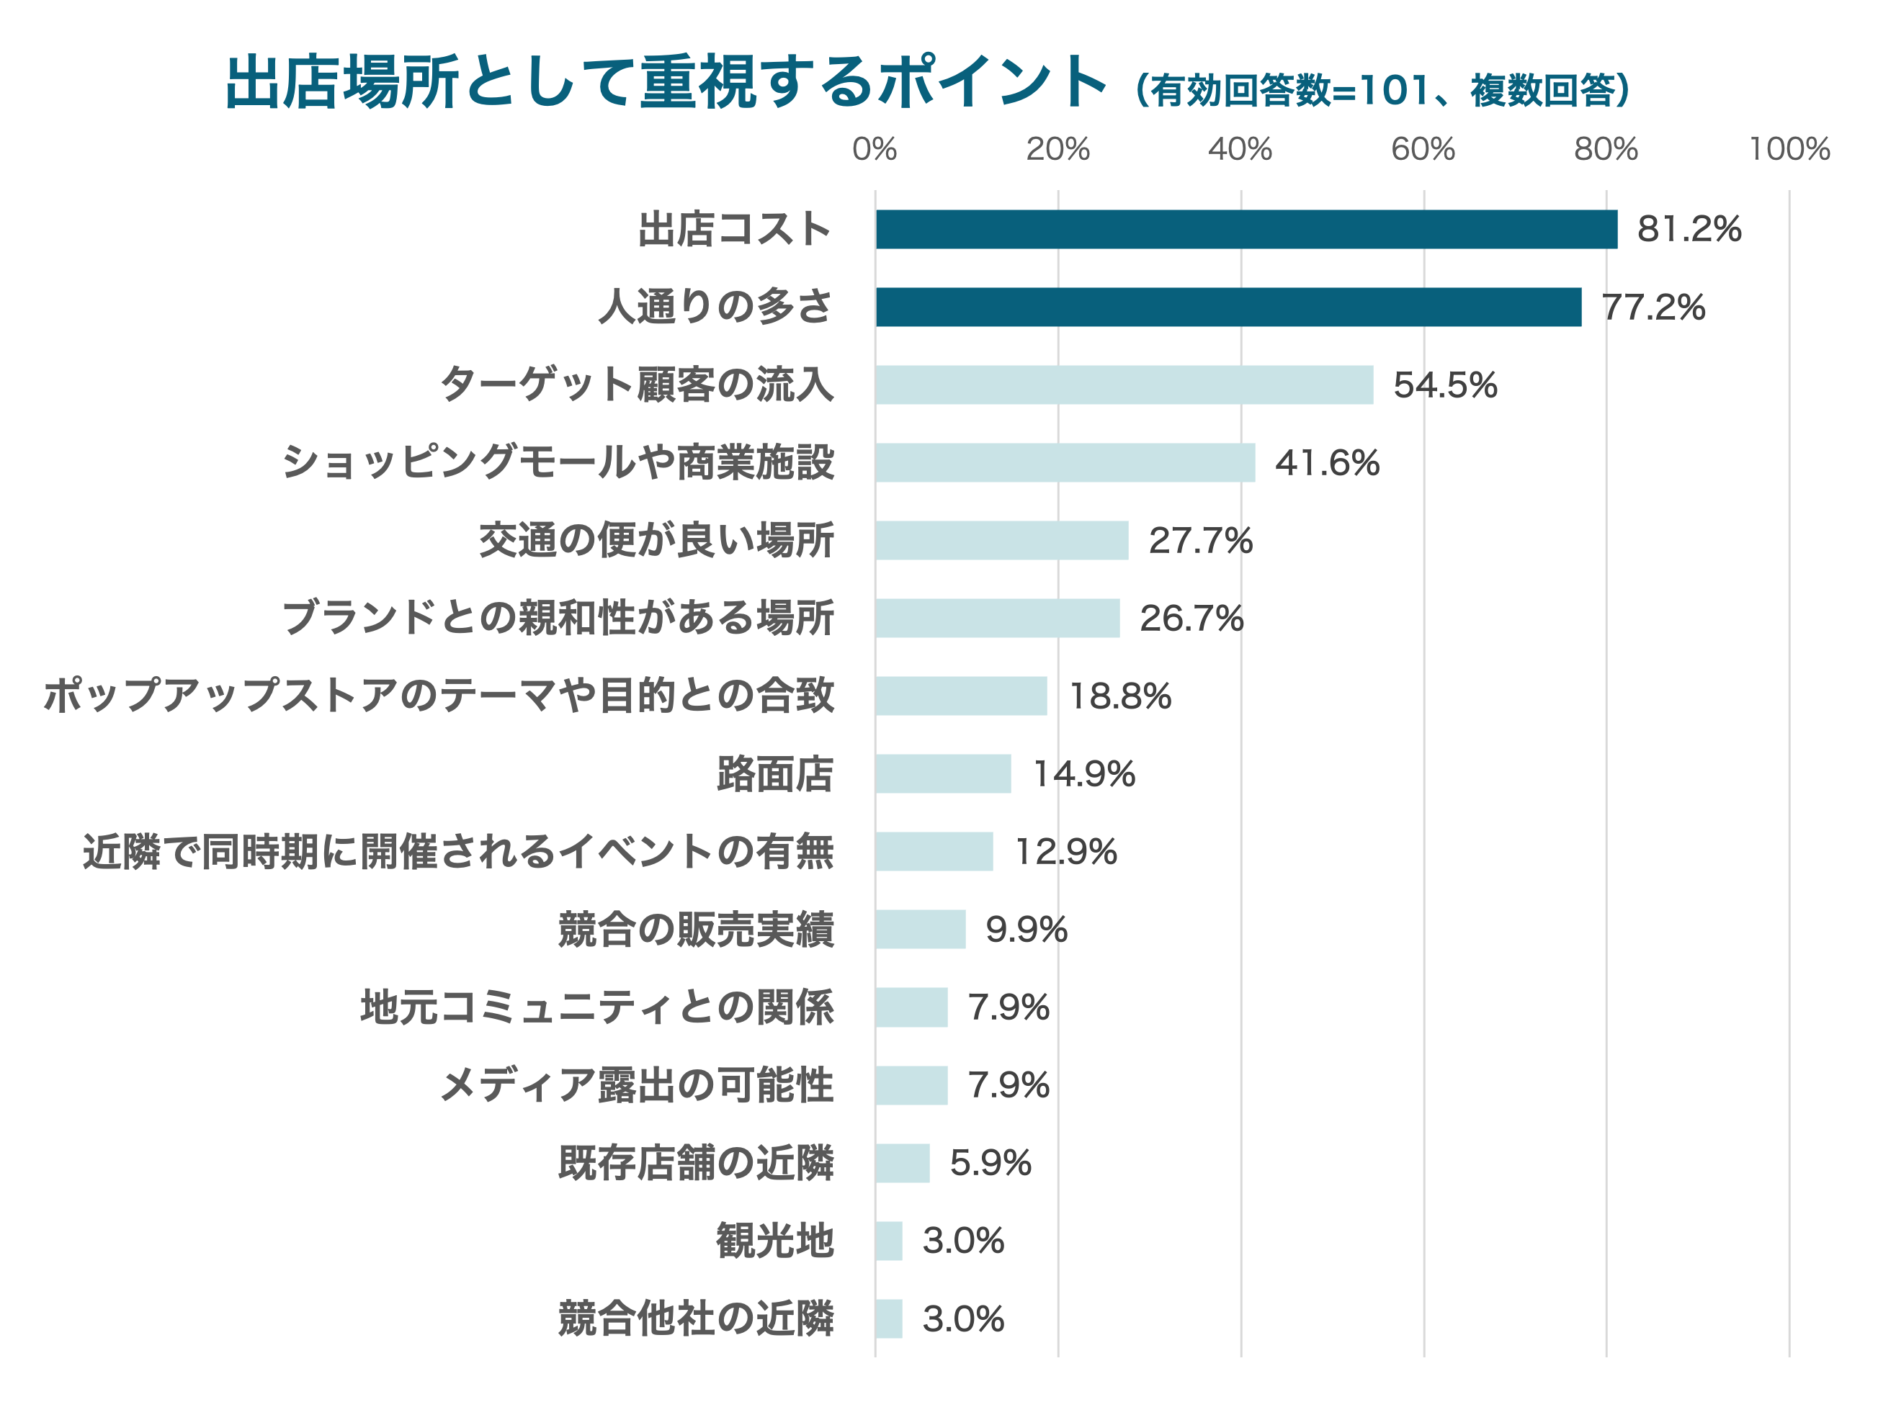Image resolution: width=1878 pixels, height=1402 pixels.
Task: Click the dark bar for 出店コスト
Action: [x=1246, y=229]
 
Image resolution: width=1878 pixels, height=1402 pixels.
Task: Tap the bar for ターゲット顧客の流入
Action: [x=1123, y=385]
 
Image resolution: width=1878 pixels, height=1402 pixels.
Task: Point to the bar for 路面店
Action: [x=942, y=773]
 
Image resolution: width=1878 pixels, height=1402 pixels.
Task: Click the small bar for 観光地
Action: [x=888, y=1241]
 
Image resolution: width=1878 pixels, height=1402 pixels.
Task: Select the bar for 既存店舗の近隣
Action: [x=902, y=1163]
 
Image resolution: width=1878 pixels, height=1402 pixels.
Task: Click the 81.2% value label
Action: [x=1689, y=229]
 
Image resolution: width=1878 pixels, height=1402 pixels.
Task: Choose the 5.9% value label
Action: [x=990, y=1163]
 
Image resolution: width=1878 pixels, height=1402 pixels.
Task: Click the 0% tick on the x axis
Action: [x=875, y=149]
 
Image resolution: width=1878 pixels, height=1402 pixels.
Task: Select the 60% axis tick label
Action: [x=1422, y=149]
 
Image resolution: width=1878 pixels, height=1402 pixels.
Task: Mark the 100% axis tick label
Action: [x=1789, y=149]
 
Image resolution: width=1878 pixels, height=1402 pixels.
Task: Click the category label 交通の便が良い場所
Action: [x=656, y=541]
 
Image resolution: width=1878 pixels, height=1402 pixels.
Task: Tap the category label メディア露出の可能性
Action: [x=637, y=1084]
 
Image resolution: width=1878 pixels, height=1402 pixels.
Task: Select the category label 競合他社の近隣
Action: [x=695, y=1319]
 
